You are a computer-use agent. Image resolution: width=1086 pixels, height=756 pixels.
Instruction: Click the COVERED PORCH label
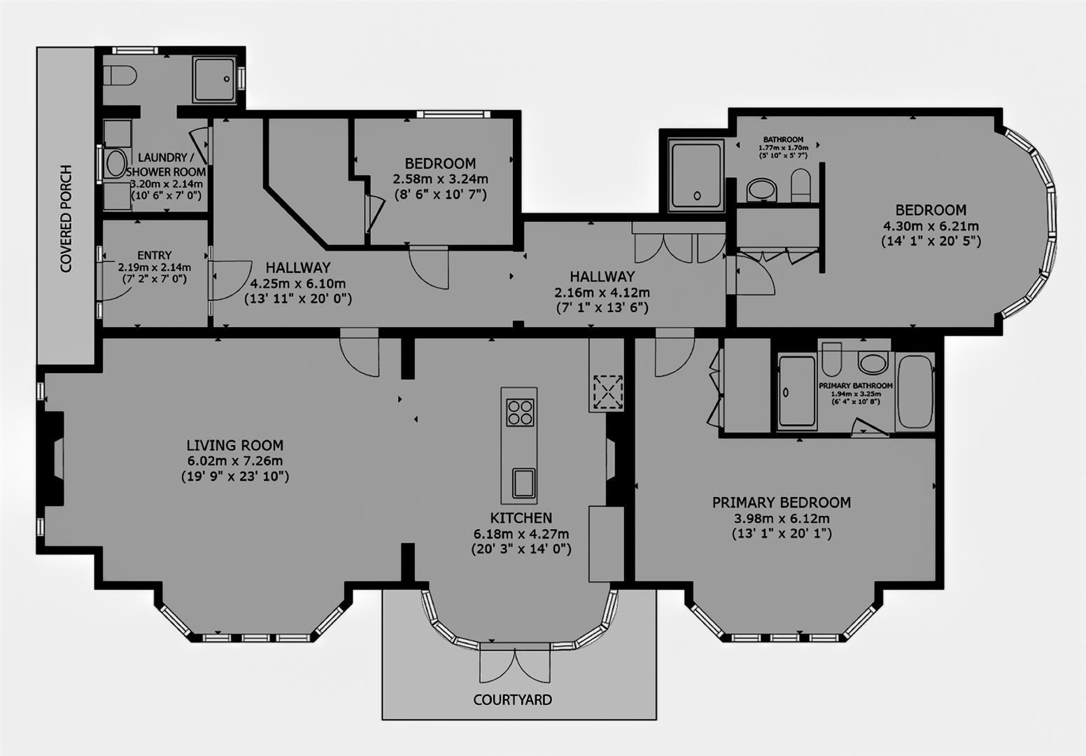pyautogui.click(x=66, y=218)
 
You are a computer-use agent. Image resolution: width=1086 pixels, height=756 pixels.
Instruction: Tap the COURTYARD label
pyautogui.click(x=512, y=699)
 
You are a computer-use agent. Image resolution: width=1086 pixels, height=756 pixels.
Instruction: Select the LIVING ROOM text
pyautogui.click(x=235, y=445)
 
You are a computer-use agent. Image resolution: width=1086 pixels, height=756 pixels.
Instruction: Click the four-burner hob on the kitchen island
pyautogui.click(x=519, y=412)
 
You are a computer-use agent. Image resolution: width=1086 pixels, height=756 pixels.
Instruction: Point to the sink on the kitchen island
pyautogui.click(x=522, y=483)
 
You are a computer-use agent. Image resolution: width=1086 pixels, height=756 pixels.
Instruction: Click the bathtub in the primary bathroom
pyautogui.click(x=914, y=391)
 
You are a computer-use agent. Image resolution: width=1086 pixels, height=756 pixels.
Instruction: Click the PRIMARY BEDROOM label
pyautogui.click(x=781, y=503)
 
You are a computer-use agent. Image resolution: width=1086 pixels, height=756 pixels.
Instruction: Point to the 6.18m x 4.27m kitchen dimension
pyautogui.click(x=521, y=534)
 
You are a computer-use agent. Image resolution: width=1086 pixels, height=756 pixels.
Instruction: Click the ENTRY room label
pyautogui.click(x=155, y=255)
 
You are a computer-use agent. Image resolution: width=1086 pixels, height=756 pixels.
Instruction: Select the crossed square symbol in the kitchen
pyautogui.click(x=607, y=391)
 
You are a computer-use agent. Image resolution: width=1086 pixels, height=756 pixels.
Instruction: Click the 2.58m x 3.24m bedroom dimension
pyautogui.click(x=440, y=179)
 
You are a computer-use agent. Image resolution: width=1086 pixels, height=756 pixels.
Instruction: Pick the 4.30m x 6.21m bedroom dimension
pyautogui.click(x=931, y=226)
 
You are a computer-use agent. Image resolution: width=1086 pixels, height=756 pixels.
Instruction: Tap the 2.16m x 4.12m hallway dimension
pyautogui.click(x=602, y=293)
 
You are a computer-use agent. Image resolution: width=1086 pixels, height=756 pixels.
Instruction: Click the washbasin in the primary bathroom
pyautogui.click(x=873, y=363)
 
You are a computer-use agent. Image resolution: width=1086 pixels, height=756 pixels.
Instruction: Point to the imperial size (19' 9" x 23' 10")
pyautogui.click(x=235, y=477)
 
